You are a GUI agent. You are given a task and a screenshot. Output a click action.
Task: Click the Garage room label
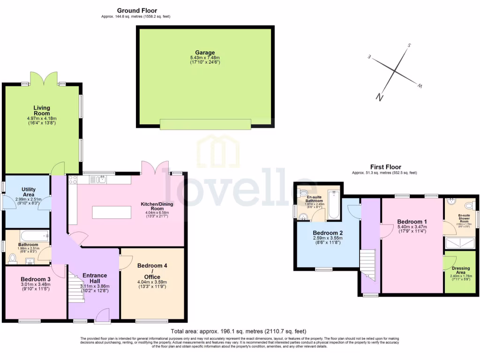(205, 53)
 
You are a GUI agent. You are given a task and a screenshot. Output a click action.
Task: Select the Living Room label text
(41, 111)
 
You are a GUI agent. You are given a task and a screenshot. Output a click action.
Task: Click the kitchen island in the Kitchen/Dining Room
(112, 212)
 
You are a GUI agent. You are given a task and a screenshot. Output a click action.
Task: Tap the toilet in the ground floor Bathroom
(13, 258)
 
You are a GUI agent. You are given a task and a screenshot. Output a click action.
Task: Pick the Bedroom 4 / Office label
(152, 271)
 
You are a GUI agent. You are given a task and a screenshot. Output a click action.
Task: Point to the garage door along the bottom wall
(205, 124)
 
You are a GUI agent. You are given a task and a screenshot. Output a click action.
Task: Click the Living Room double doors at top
(44, 78)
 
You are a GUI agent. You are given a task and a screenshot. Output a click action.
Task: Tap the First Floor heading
(385, 167)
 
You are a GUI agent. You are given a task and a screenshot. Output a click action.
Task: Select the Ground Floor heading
(137, 10)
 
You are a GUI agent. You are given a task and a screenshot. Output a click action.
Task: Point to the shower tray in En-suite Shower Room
(459, 243)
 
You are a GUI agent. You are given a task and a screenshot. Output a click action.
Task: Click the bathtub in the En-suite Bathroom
(333, 204)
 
